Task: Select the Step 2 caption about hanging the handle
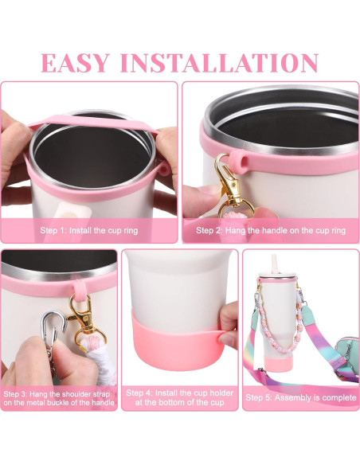(x=271, y=230)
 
